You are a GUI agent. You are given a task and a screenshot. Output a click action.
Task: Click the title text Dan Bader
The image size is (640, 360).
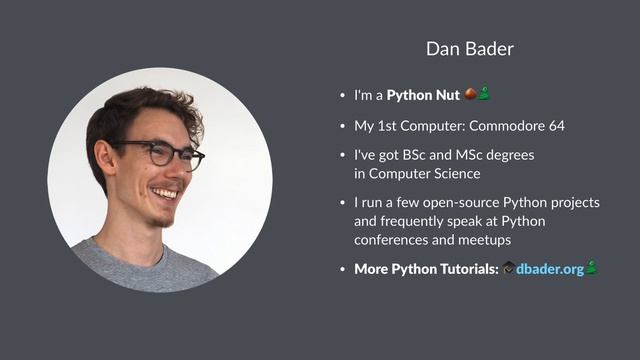pos(469,49)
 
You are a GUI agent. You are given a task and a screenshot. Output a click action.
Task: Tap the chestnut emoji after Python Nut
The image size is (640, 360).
pos(471,95)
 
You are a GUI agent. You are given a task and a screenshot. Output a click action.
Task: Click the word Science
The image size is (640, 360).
pos(455,174)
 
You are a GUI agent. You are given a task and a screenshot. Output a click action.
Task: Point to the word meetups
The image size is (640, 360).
pos(484,240)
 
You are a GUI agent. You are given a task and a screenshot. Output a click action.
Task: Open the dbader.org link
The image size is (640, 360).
pos(549,269)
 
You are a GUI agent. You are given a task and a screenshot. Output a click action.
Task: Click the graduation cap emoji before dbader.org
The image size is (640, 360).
pos(508,269)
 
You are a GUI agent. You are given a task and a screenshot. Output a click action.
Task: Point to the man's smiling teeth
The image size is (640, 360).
pos(165,190)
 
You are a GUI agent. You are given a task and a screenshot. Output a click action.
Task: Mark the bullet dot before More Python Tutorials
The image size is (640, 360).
pos(342,270)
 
